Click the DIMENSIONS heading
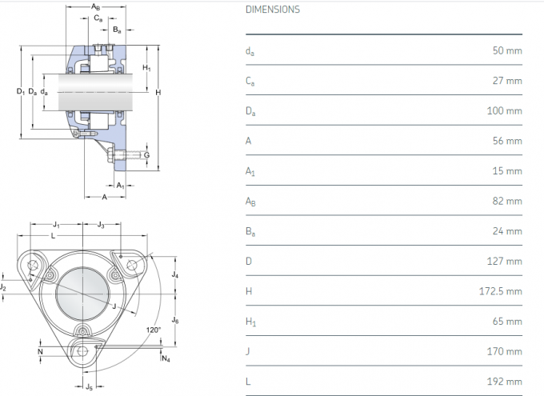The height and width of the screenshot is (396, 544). pyautogui.click(x=273, y=10)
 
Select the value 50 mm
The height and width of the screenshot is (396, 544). pyautogui.click(x=507, y=50)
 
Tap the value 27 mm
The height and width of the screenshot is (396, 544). pyautogui.click(x=507, y=81)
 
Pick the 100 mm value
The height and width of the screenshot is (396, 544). pyautogui.click(x=505, y=110)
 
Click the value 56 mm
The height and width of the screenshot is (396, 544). pyautogui.click(x=507, y=141)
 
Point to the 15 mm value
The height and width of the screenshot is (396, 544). pyautogui.click(x=507, y=170)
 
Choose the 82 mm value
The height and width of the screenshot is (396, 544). pyautogui.click(x=507, y=201)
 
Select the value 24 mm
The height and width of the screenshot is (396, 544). pyautogui.click(x=507, y=230)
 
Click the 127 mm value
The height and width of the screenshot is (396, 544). pyautogui.click(x=505, y=261)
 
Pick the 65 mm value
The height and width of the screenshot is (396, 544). pyautogui.click(x=507, y=321)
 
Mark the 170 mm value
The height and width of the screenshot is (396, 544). pyautogui.click(x=505, y=351)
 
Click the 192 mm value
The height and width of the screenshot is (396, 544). pyautogui.click(x=505, y=381)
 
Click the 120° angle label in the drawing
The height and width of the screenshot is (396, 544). pyautogui.click(x=154, y=330)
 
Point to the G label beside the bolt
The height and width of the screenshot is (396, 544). pyautogui.click(x=147, y=154)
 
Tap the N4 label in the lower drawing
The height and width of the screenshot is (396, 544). pyautogui.click(x=166, y=358)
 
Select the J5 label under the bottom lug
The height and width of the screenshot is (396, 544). pyautogui.click(x=90, y=388)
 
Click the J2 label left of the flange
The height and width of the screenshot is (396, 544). pyautogui.click(x=4, y=286)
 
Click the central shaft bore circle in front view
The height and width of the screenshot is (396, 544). pyautogui.click(x=80, y=291)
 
